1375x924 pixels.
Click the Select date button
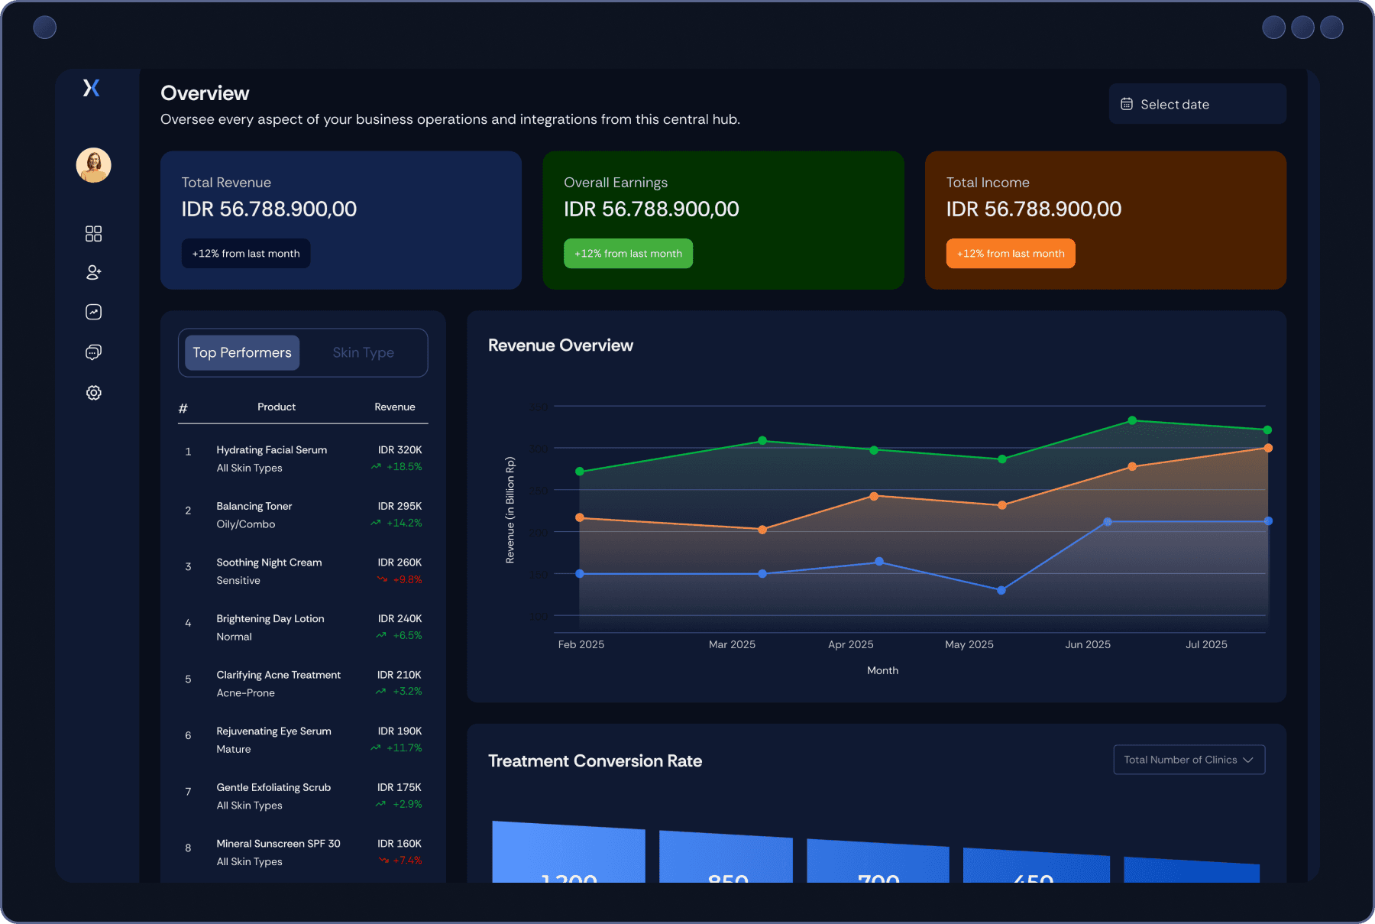click(x=1197, y=104)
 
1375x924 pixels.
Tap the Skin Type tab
click(x=363, y=352)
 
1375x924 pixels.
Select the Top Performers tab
click(x=242, y=352)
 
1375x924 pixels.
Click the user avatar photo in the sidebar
click(x=93, y=165)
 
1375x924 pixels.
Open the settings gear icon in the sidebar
click(x=93, y=393)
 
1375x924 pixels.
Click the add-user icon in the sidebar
click(x=93, y=272)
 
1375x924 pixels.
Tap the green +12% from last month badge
click(x=628, y=254)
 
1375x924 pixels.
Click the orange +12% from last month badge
click(x=1010, y=254)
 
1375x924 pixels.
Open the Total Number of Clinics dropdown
click(x=1189, y=760)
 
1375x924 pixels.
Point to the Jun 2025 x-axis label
click(x=1088, y=644)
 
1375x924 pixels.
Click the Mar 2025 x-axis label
click(x=732, y=644)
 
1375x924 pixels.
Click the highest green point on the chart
click(x=1132, y=420)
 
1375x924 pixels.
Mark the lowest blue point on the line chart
click(x=1001, y=590)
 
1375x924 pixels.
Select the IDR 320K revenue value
click(x=400, y=450)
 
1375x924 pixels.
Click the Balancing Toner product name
click(x=254, y=506)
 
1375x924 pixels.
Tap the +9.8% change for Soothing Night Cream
click(x=407, y=580)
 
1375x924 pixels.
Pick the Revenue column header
click(x=394, y=407)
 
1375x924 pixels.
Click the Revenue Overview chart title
click(x=561, y=345)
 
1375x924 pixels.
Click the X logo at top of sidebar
click(x=92, y=88)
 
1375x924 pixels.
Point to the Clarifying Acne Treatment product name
click(x=278, y=675)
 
